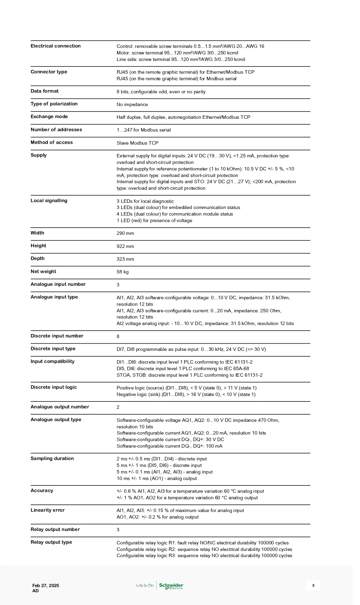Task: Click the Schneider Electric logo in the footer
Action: click(x=171, y=585)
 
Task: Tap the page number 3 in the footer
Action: click(x=313, y=585)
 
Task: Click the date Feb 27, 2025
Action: click(x=46, y=585)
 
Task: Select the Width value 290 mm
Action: click(x=125, y=233)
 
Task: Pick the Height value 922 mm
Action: click(x=125, y=246)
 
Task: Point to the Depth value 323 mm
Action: click(x=125, y=259)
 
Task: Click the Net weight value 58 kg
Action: click(x=123, y=272)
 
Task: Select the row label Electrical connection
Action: click(x=55, y=46)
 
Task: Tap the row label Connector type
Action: click(x=49, y=72)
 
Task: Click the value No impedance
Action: click(x=132, y=105)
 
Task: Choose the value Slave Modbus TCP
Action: click(x=137, y=143)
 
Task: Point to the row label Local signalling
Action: click(x=49, y=201)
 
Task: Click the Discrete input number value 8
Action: click(x=118, y=336)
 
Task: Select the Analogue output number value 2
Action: click(x=118, y=407)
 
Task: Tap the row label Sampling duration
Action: click(x=52, y=459)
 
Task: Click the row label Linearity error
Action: click(x=47, y=510)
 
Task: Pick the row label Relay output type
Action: click(x=51, y=542)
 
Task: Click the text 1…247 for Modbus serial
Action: click(x=144, y=130)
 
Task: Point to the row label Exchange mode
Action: click(x=49, y=117)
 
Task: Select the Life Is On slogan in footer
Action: click(x=145, y=585)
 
